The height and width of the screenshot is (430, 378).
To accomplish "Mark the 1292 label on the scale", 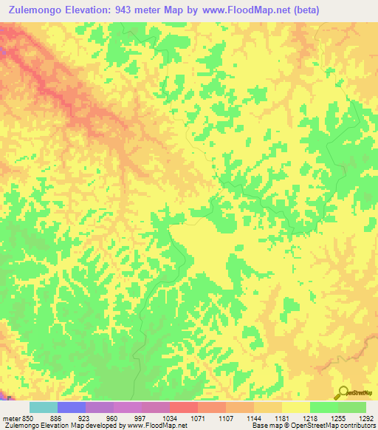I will pyautogui.click(x=364, y=419).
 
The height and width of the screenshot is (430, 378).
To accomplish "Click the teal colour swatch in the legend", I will pyautogui.click(x=44, y=407).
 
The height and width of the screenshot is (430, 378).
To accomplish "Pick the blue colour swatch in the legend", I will pyautogui.click(x=72, y=407).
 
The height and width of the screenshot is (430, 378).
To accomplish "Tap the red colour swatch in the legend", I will pyautogui.click(x=184, y=407).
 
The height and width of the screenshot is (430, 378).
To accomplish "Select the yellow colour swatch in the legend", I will pyautogui.click(x=295, y=407).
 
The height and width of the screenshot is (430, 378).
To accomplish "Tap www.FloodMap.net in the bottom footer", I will pyautogui.click(x=157, y=426).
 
